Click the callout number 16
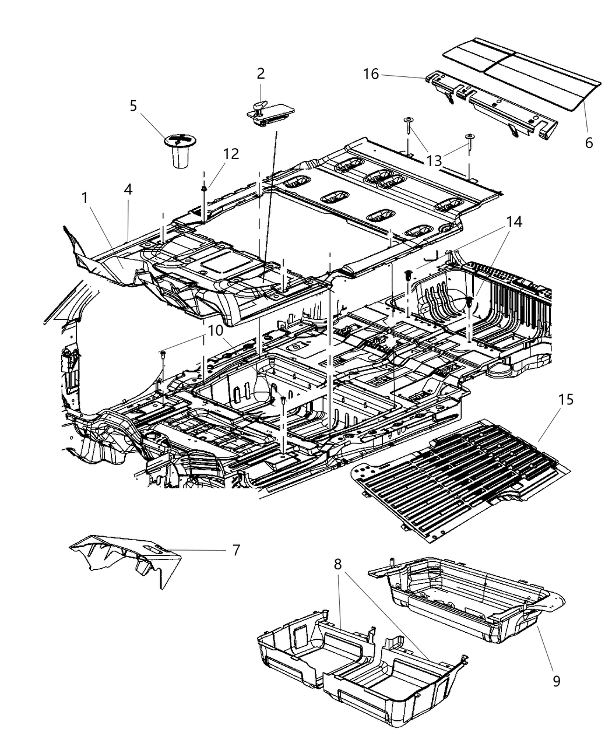coord(371,75)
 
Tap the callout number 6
coord(589,142)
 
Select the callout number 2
coord(261,73)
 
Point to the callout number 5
coord(133,105)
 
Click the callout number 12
coord(231,154)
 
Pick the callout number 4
coord(128,190)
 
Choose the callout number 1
coord(85,198)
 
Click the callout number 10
coord(216,330)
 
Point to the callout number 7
coord(235,550)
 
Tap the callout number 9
coord(556,681)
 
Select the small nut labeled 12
coord(205,189)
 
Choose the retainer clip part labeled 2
coord(263,112)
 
